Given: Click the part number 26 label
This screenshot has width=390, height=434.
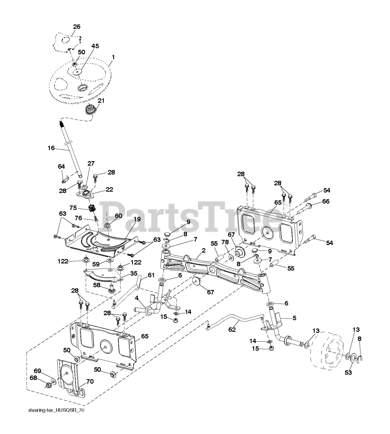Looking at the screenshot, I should (x=77, y=27).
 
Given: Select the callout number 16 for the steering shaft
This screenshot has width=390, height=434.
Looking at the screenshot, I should (x=51, y=148).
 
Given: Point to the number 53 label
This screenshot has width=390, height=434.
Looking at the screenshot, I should (x=348, y=373).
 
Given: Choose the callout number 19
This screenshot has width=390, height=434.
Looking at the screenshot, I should (x=137, y=219).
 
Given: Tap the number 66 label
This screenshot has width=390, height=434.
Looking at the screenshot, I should (x=326, y=201).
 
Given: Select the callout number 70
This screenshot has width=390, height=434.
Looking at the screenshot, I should (x=89, y=381).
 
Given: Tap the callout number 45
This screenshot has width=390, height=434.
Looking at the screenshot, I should (x=95, y=46).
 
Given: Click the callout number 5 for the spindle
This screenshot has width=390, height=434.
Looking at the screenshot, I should (x=294, y=318).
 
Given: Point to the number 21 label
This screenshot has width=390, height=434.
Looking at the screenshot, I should (x=101, y=101).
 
